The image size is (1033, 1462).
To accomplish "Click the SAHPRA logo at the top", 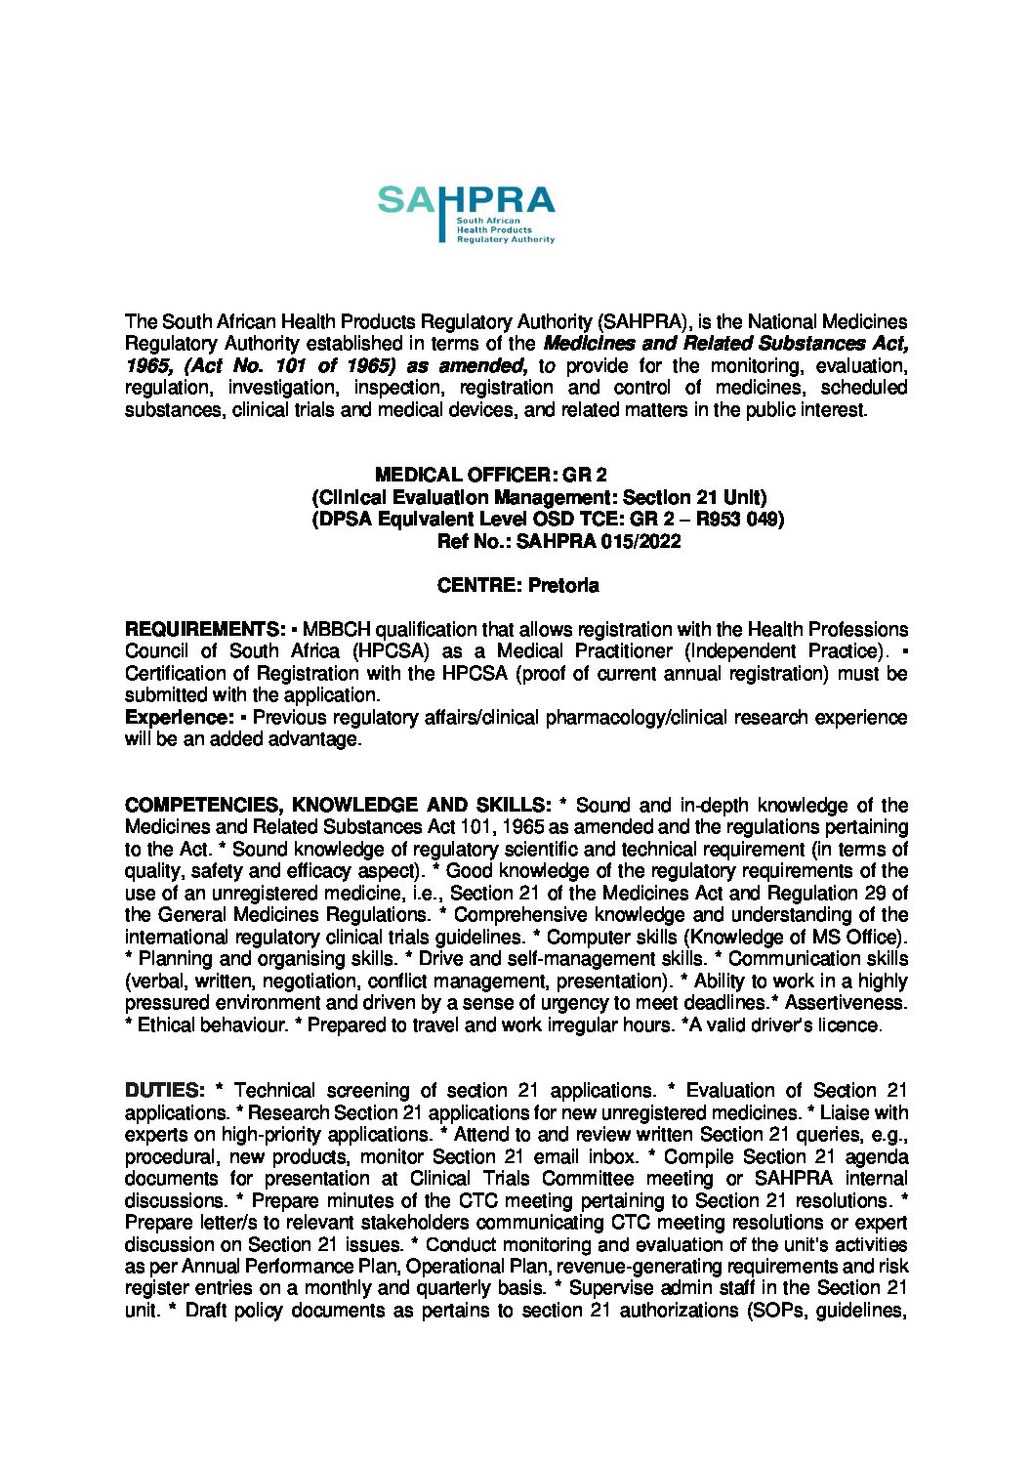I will (466, 213).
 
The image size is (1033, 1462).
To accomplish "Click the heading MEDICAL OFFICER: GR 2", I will (491, 476).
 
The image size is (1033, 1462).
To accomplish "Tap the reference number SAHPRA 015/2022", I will (598, 542).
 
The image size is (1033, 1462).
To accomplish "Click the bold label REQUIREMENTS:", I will (205, 629).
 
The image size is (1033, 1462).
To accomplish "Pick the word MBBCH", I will (337, 629).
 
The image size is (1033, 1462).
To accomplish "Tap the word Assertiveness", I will (846, 1003).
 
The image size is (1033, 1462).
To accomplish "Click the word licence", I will (851, 1025).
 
